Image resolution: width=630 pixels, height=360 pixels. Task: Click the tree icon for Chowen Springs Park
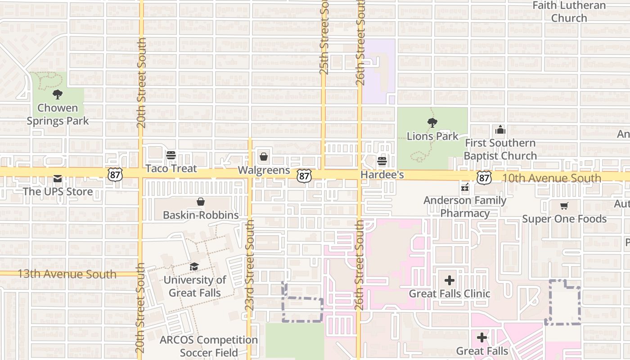coord(57,94)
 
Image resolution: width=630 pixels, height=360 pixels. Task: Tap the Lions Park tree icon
coord(432,122)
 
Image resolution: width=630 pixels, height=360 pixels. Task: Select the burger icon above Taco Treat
coord(171,155)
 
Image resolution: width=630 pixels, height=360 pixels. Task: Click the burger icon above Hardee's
coord(382,161)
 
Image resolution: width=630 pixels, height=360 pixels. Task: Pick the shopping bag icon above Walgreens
coord(264,157)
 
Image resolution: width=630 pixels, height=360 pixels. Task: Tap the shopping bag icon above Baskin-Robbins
coord(201,202)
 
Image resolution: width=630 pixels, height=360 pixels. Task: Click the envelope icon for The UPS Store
coord(58,179)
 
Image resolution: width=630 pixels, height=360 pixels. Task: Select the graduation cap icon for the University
coord(194,267)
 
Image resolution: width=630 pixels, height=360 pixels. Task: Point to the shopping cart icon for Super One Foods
coord(564,206)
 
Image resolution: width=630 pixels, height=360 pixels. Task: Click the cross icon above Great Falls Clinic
coord(449,281)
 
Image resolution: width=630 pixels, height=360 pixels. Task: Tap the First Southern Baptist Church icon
coord(500,130)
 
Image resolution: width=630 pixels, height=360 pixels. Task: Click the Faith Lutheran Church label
coord(569,12)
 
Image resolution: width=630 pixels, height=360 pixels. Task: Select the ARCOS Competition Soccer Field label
coord(209,346)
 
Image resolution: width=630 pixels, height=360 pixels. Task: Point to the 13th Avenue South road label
coord(67,274)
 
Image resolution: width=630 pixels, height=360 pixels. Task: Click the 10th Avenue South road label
coord(551,178)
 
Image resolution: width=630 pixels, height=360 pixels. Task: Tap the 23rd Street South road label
coord(250,265)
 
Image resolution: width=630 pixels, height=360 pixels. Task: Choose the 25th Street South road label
coord(324,37)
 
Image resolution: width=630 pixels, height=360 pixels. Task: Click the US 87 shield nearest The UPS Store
coord(115,175)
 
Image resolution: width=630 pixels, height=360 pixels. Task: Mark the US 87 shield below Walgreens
coord(304,176)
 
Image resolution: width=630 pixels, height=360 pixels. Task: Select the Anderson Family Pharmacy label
coord(465,207)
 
